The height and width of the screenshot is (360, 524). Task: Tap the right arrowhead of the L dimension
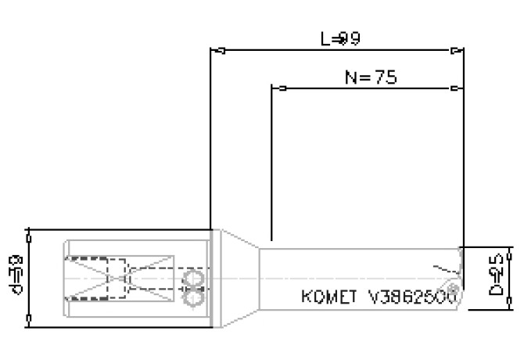(x=455, y=52)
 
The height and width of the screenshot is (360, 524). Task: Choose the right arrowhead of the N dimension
(x=455, y=88)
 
